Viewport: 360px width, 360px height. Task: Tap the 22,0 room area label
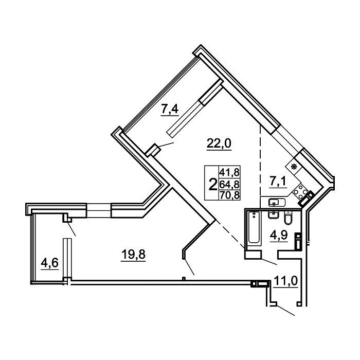(x=219, y=143)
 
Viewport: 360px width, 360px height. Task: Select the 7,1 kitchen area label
(x=278, y=182)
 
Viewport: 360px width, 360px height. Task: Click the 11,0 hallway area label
(x=285, y=281)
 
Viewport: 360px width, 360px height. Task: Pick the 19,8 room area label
(x=133, y=255)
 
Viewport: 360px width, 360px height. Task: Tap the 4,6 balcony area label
(x=49, y=263)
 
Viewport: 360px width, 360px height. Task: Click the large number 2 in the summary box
(x=212, y=185)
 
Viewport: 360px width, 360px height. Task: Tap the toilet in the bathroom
(x=287, y=218)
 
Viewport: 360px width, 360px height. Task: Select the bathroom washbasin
(x=273, y=215)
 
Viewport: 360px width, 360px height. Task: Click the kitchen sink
(x=277, y=202)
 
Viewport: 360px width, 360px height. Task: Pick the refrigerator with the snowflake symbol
(x=294, y=167)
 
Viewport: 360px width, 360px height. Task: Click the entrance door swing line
(x=285, y=311)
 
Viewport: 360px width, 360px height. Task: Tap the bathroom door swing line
(x=269, y=261)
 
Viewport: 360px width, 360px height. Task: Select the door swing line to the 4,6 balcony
(x=71, y=229)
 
